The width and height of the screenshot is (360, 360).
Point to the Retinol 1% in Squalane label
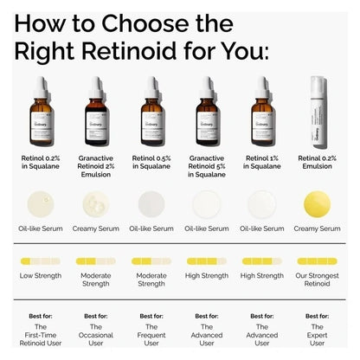point(262,163)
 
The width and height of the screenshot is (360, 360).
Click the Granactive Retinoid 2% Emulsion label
point(96,167)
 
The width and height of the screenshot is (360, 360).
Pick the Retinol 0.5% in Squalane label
point(151,163)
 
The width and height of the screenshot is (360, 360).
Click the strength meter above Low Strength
point(41,260)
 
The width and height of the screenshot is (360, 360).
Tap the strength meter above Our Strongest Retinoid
point(318,260)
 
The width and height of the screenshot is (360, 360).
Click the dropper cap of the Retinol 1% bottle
point(262,86)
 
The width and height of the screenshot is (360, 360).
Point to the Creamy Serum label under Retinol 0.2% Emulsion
point(318,228)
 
